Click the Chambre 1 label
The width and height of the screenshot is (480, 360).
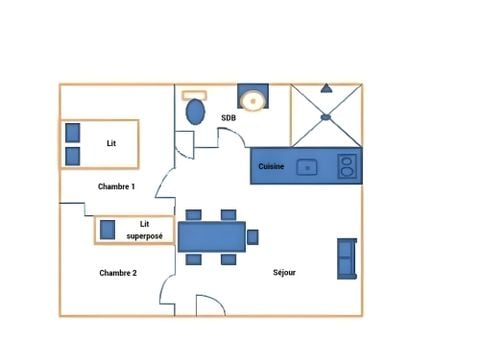point(117,187)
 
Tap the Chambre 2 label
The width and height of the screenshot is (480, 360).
point(118,272)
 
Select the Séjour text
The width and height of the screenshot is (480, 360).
point(285,272)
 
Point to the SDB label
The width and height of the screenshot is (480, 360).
point(228,118)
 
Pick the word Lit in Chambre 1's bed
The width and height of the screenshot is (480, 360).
point(112,143)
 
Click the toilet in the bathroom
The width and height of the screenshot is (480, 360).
point(196,109)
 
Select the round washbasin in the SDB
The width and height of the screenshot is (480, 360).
point(254,100)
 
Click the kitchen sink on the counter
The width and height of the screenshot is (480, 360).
point(309,167)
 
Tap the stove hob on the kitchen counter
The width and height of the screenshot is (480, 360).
point(347,166)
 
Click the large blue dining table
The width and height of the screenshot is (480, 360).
point(212,236)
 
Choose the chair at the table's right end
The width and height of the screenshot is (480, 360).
point(253,236)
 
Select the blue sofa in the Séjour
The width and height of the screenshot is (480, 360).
point(346,259)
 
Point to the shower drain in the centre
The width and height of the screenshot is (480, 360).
point(325,117)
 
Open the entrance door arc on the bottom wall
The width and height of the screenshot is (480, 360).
point(211,305)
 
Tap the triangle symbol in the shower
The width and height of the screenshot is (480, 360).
point(325,88)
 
